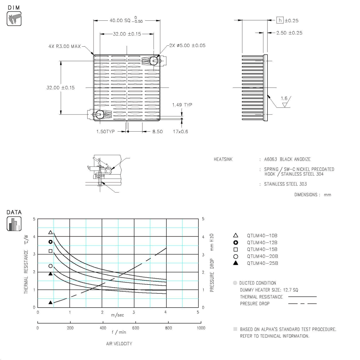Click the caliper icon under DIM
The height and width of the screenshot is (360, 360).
coord(14,19)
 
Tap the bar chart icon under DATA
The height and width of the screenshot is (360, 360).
coord(14,224)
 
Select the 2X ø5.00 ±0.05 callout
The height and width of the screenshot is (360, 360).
coord(187,46)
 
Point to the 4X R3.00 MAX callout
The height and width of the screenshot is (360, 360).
coord(65,46)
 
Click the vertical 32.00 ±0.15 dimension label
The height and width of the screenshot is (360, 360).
coord(60,87)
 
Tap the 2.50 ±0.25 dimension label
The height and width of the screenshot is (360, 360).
coord(289,33)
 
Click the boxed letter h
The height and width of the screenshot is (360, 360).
coord(280,20)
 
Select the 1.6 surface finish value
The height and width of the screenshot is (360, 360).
coord(284,98)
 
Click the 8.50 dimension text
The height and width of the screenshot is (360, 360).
coord(157,132)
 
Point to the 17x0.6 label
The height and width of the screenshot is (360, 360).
coord(180,132)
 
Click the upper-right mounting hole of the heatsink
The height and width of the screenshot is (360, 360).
coord(154,61)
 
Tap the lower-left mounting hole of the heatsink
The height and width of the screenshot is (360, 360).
coord(100,114)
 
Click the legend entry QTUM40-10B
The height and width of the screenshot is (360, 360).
coord(262,235)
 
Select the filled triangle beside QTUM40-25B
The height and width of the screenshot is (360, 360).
coord(236,263)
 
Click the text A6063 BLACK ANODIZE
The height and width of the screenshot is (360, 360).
coord(287,159)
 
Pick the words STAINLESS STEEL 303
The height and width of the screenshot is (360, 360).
coord(285,184)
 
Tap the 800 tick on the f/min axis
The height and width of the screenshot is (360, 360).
coord(168,328)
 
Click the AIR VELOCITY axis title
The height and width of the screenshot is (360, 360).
coord(119,344)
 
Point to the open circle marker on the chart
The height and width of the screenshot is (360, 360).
coord(50,266)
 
